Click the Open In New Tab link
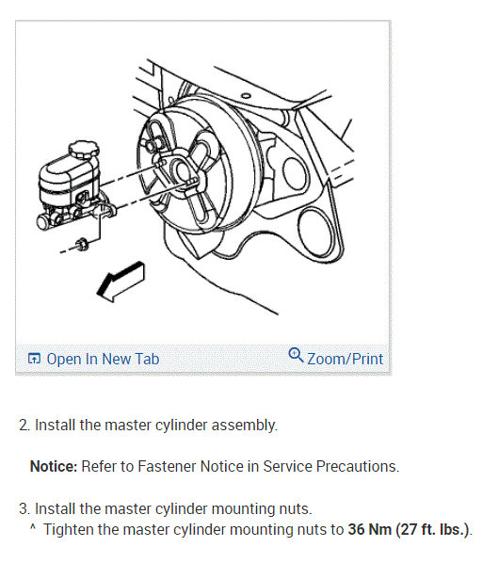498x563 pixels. pos(103,359)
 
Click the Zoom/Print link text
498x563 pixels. pos(345,359)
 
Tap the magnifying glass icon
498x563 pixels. pos(297,355)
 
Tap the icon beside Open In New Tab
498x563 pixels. pos(34,359)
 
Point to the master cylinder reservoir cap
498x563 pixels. pos(84,149)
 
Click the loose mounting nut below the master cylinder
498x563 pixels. pos(83,244)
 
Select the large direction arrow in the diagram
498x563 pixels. pos(121,281)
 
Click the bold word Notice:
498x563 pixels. pos(54,466)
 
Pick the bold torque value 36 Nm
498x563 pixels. pos(369,529)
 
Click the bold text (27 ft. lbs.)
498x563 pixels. pos(433,529)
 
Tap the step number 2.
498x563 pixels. pos(24,425)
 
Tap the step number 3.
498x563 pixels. pos(24,508)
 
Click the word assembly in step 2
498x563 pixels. pos(244,426)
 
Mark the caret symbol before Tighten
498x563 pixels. pos(33,527)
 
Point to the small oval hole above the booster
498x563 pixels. pos(246,96)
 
